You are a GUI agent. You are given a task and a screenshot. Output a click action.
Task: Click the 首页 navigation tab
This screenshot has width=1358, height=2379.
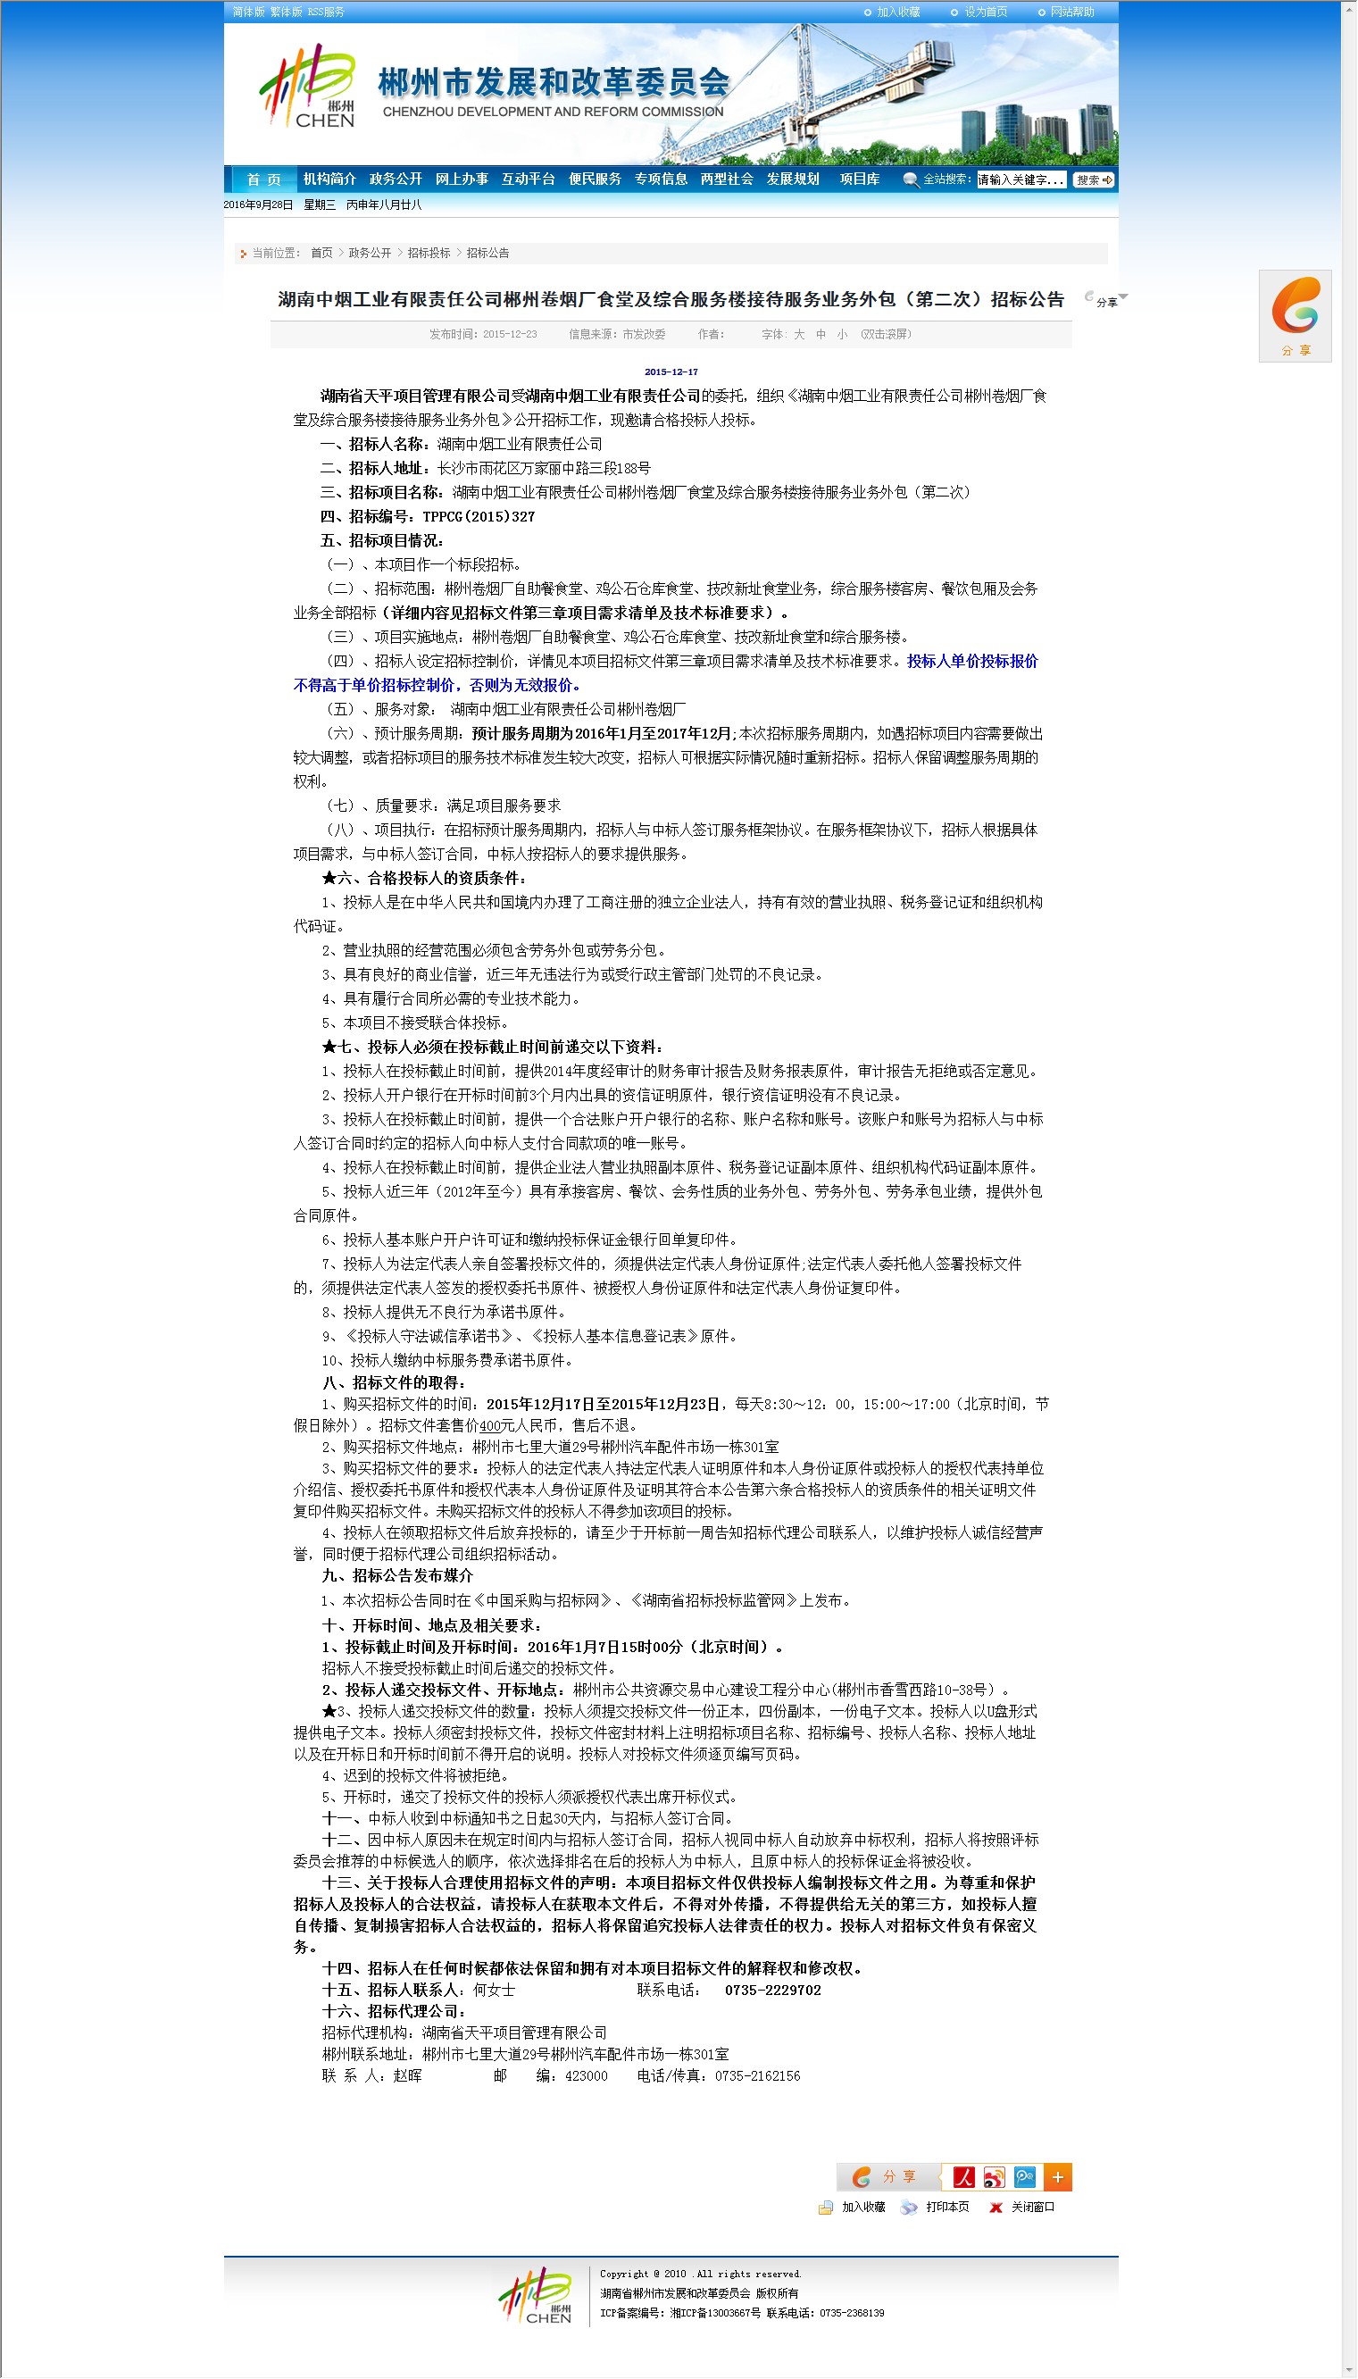pos(263,179)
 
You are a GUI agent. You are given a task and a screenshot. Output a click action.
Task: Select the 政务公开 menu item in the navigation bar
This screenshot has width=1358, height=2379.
pos(396,179)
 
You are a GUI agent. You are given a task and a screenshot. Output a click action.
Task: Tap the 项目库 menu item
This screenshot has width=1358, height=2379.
pos(859,179)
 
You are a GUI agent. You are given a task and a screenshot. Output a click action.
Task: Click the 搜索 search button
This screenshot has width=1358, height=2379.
pos(1093,180)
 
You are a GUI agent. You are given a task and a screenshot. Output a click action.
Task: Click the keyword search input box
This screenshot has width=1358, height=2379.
pos(1021,180)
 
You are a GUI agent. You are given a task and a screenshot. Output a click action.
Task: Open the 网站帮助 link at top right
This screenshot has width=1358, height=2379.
pos(1071,13)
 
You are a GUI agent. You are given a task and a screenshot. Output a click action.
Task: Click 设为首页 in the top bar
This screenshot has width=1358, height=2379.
pos(985,13)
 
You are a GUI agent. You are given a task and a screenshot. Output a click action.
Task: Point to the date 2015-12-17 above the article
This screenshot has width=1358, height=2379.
pos(671,372)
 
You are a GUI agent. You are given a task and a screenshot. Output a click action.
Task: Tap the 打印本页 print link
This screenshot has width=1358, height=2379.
pos(946,2208)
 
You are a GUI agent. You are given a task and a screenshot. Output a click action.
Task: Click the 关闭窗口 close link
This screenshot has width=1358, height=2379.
pos(1032,2208)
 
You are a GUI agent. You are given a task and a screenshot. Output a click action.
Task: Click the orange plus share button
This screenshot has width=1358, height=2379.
pos(1058,2176)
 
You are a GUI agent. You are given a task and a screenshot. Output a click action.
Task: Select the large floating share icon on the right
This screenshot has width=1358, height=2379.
pos(1295,308)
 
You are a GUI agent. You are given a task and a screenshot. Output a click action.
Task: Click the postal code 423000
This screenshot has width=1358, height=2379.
pos(586,2076)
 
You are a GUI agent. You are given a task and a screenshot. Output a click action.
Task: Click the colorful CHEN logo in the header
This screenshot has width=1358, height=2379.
pos(308,86)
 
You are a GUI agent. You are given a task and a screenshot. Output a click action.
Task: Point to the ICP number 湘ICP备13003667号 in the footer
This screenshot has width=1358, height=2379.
pos(715,2313)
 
